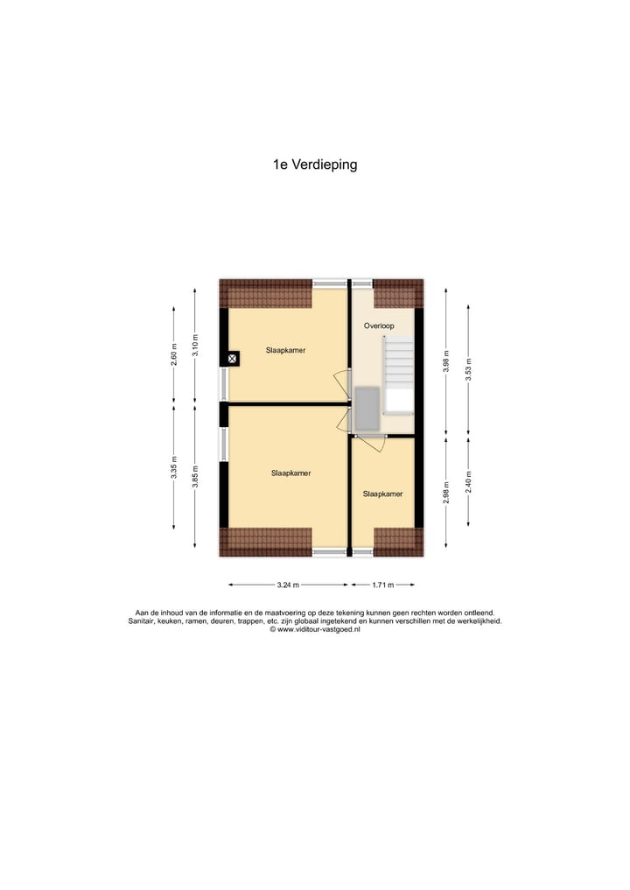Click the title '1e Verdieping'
pos(315,164)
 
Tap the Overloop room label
pos(379,326)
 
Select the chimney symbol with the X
pos(233,358)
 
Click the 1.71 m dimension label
pos(381,585)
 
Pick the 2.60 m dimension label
pos(174,356)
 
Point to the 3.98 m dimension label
pos(446,361)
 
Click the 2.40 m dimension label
pos(468,481)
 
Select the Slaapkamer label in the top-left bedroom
pos(286,349)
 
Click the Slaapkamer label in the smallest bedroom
pos(382,494)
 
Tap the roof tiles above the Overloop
pos(398,293)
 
